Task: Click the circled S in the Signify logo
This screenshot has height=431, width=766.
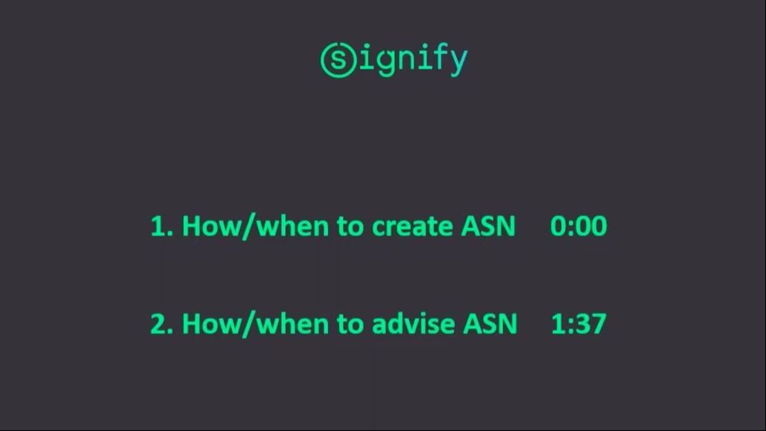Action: [x=339, y=60]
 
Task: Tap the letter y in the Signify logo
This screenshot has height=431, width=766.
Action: [x=459, y=61]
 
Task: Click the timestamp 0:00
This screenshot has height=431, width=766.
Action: [x=579, y=226]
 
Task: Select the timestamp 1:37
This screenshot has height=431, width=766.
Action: [x=579, y=324]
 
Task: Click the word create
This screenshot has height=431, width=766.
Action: [x=413, y=227]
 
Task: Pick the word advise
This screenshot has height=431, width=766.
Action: [x=413, y=323]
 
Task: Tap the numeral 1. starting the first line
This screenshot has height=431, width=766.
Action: [x=161, y=227]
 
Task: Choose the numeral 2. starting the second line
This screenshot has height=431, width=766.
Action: [x=161, y=324]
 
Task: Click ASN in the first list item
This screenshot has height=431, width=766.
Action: [x=488, y=227]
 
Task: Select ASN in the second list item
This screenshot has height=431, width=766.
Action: [x=490, y=324]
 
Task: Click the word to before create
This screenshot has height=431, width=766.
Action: [x=350, y=227]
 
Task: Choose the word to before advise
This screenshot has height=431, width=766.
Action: [x=350, y=324]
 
